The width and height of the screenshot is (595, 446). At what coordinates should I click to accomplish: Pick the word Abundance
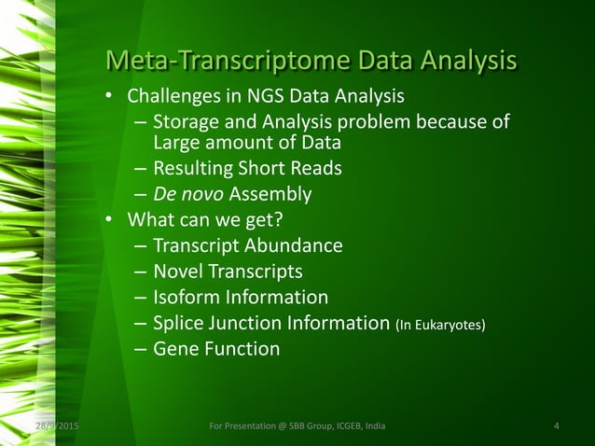[296, 246]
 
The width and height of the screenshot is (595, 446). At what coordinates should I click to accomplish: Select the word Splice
[179, 325]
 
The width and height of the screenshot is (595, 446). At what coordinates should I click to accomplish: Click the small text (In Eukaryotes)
[440, 326]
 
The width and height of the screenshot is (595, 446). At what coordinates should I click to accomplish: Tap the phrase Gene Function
[215, 350]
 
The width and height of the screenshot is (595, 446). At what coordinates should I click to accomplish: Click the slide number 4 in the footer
[556, 427]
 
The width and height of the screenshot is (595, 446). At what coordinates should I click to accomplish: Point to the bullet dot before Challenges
[109, 98]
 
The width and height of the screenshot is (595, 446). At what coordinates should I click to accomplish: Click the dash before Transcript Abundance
[139, 247]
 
